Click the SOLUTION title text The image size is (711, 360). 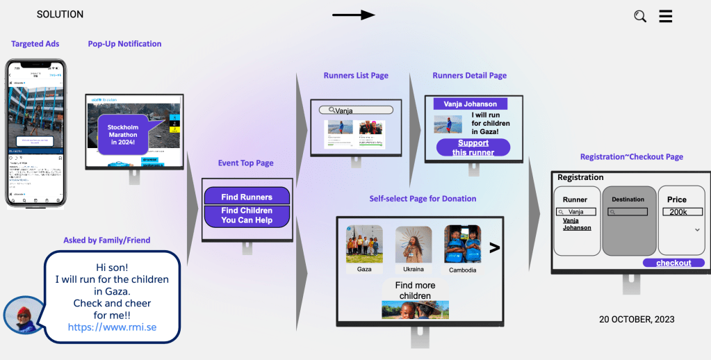tap(60, 15)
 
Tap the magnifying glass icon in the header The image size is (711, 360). tap(640, 16)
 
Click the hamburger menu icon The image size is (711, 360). tap(665, 15)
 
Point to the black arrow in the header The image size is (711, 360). tap(353, 15)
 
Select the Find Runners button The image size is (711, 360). tap(247, 197)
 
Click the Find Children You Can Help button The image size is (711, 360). tap(247, 215)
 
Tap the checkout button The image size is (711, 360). tap(673, 263)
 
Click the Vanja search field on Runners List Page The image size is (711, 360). tap(356, 110)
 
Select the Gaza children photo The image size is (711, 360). tap(364, 243)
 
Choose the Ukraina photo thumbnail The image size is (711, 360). tap(414, 245)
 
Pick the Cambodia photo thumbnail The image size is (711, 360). tap(463, 243)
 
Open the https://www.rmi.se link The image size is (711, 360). tap(112, 326)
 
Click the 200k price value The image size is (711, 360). tap(678, 212)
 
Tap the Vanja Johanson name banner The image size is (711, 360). tap(470, 104)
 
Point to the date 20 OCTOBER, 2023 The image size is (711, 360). tap(637, 320)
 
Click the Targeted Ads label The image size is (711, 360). tap(35, 44)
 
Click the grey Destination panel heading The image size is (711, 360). tap(628, 199)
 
